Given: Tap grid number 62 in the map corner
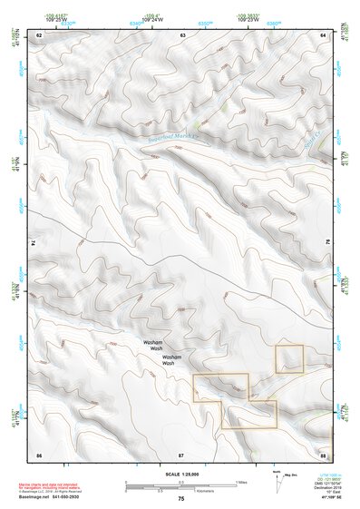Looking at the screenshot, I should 39,34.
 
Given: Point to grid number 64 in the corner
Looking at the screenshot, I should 324,34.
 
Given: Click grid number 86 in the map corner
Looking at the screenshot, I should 39,453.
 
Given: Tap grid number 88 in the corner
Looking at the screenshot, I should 324,453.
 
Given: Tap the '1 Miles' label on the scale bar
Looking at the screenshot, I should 241,481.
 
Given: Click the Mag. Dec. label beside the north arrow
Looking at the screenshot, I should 291,475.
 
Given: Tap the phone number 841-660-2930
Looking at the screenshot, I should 73,498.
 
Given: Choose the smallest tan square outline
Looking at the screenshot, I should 289,358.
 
